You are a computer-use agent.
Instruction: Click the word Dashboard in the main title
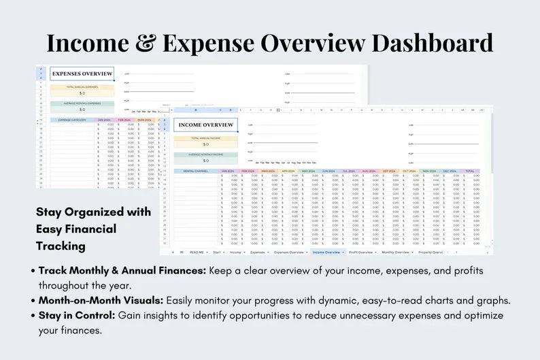428,42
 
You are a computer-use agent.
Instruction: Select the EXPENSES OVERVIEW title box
82,73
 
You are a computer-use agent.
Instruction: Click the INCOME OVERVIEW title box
205,125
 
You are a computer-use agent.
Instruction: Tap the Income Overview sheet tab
326,252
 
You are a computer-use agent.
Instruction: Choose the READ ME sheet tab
197,252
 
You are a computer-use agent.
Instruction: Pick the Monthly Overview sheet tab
396,252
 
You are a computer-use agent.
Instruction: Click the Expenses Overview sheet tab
289,252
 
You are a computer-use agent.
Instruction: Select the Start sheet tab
217,252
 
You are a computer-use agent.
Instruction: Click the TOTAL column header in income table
470,171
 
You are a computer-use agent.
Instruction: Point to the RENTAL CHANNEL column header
196,171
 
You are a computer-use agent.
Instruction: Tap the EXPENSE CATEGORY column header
73,120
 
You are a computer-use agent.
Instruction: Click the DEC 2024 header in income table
450,171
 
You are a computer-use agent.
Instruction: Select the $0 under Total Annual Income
205,144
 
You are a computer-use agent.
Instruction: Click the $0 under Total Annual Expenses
82,93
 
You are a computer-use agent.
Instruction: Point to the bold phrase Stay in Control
77,316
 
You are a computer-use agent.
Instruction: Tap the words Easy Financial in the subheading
76,229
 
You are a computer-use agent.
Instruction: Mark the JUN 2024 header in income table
328,171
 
